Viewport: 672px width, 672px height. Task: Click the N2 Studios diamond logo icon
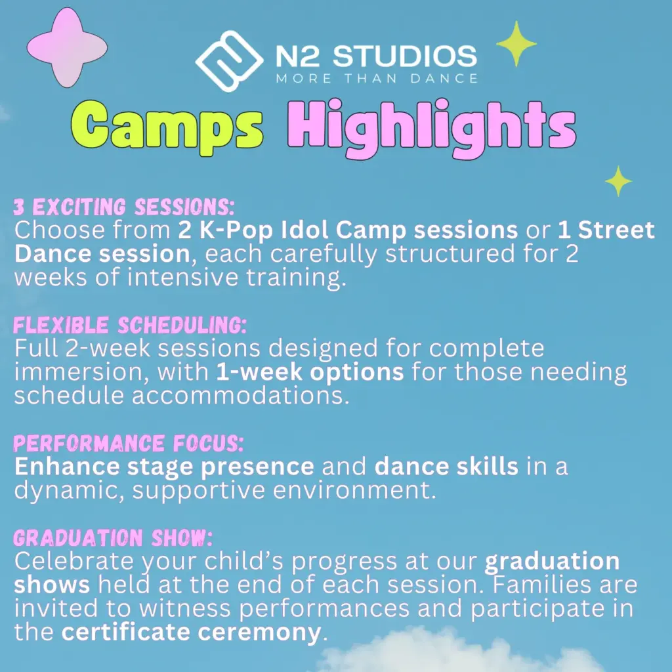(x=229, y=61)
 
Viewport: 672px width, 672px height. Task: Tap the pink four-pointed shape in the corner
(x=67, y=47)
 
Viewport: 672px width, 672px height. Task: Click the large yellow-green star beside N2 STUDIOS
(x=516, y=43)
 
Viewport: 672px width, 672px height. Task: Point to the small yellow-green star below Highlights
(x=618, y=181)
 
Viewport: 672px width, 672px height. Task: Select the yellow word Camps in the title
(x=167, y=126)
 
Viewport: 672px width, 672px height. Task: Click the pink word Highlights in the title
(x=432, y=128)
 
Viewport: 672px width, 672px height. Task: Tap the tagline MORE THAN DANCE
(x=377, y=79)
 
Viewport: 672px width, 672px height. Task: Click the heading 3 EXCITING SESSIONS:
(x=124, y=207)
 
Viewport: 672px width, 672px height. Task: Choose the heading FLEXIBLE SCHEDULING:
(x=130, y=325)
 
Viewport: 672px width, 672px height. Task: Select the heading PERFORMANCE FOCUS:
(x=129, y=443)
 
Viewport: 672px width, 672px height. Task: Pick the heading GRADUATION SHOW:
(x=113, y=538)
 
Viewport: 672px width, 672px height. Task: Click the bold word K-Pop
(x=236, y=232)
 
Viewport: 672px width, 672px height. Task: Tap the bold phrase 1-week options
(x=310, y=371)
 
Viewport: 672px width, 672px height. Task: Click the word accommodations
(x=240, y=395)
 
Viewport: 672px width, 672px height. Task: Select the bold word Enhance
(x=67, y=467)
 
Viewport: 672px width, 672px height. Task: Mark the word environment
(x=354, y=490)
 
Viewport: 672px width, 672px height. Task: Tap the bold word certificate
(x=125, y=632)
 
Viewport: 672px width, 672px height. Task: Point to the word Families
(x=541, y=585)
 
